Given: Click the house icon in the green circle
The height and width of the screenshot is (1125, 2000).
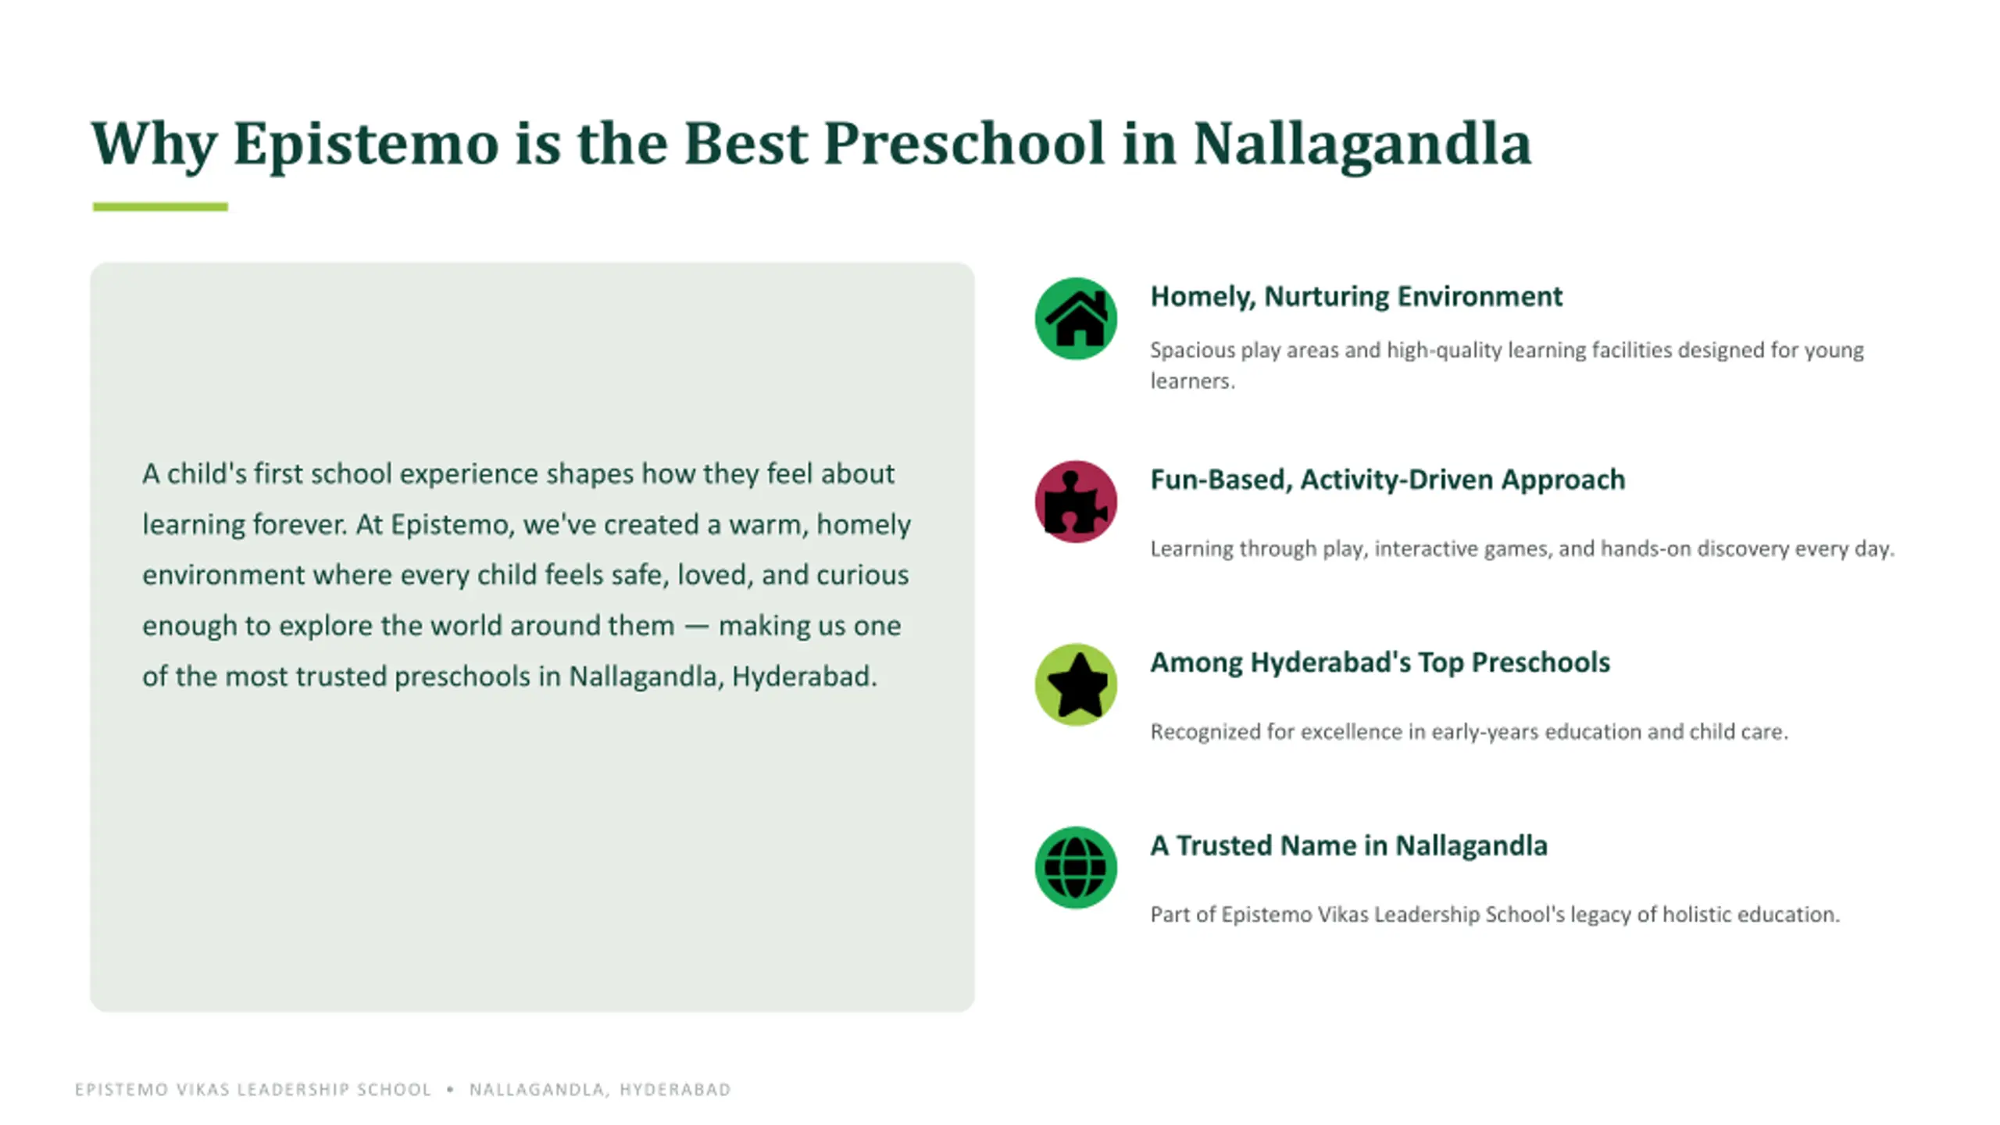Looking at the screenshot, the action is (x=1076, y=319).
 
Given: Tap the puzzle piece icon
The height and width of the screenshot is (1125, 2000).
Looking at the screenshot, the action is (x=1076, y=502).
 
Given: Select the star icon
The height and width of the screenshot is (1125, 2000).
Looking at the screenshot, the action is (x=1077, y=685).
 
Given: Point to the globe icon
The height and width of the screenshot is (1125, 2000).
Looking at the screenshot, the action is (x=1076, y=868).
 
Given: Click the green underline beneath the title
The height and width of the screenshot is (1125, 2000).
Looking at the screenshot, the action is (x=160, y=207).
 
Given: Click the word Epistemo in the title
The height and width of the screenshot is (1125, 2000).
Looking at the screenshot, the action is (x=366, y=145).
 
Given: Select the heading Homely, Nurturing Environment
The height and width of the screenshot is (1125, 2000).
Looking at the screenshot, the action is (x=1356, y=297).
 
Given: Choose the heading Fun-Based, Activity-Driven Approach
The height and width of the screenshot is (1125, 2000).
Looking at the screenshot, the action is (x=1387, y=480).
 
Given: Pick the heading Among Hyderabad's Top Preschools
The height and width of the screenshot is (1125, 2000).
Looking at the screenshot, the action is (x=1380, y=662).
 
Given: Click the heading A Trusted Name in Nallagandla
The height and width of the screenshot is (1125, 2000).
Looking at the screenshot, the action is (x=1348, y=845).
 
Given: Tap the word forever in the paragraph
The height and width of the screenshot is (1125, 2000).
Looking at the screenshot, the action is (x=300, y=524).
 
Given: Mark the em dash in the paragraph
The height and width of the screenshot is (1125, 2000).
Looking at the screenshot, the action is (x=696, y=627).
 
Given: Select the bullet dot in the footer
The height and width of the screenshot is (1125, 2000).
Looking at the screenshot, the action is (x=450, y=1088).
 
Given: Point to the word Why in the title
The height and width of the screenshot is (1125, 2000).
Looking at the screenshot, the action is (x=154, y=145).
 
